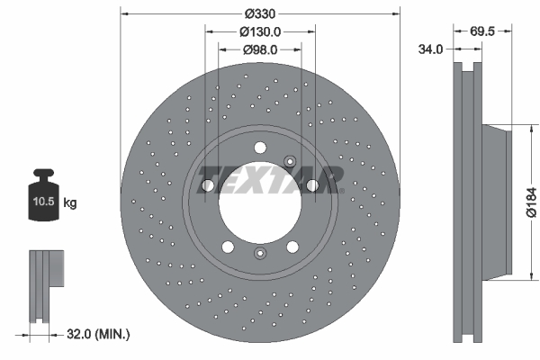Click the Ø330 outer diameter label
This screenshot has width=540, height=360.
[260, 14]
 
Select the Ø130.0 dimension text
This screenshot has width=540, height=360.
[261, 31]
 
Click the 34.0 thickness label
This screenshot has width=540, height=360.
[430, 49]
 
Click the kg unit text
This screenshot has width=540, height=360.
[70, 204]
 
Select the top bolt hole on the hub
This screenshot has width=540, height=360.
[260, 148]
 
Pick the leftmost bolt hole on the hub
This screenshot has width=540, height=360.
[208, 185]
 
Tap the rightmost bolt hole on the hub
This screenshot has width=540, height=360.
[312, 185]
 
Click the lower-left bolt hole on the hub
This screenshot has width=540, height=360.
[228, 247]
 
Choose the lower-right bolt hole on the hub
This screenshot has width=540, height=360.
[293, 247]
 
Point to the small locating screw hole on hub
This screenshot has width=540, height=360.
[290, 161]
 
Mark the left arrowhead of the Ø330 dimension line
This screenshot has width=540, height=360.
[124, 14]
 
